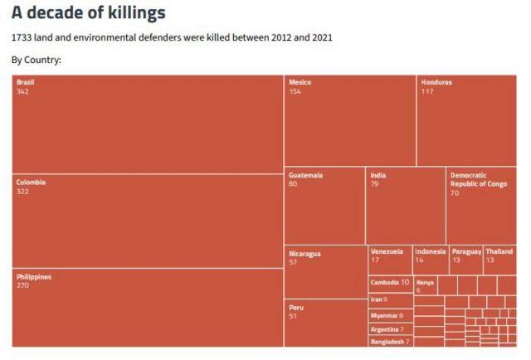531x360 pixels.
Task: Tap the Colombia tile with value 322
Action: tap(148, 220)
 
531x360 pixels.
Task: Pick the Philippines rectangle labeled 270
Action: tap(148, 307)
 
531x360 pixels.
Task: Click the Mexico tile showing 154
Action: tap(349, 120)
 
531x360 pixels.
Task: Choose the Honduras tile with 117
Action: tap(466, 120)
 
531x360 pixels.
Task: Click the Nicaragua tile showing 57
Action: tap(324, 271)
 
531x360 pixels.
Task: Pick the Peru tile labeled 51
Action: tap(324, 323)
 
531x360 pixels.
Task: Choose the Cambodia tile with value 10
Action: tap(390, 283)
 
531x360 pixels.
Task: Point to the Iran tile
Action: tap(390, 299)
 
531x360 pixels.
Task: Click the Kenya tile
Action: tap(425, 285)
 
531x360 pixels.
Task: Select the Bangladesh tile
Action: tap(390, 341)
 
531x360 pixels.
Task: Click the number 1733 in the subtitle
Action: tap(22, 38)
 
